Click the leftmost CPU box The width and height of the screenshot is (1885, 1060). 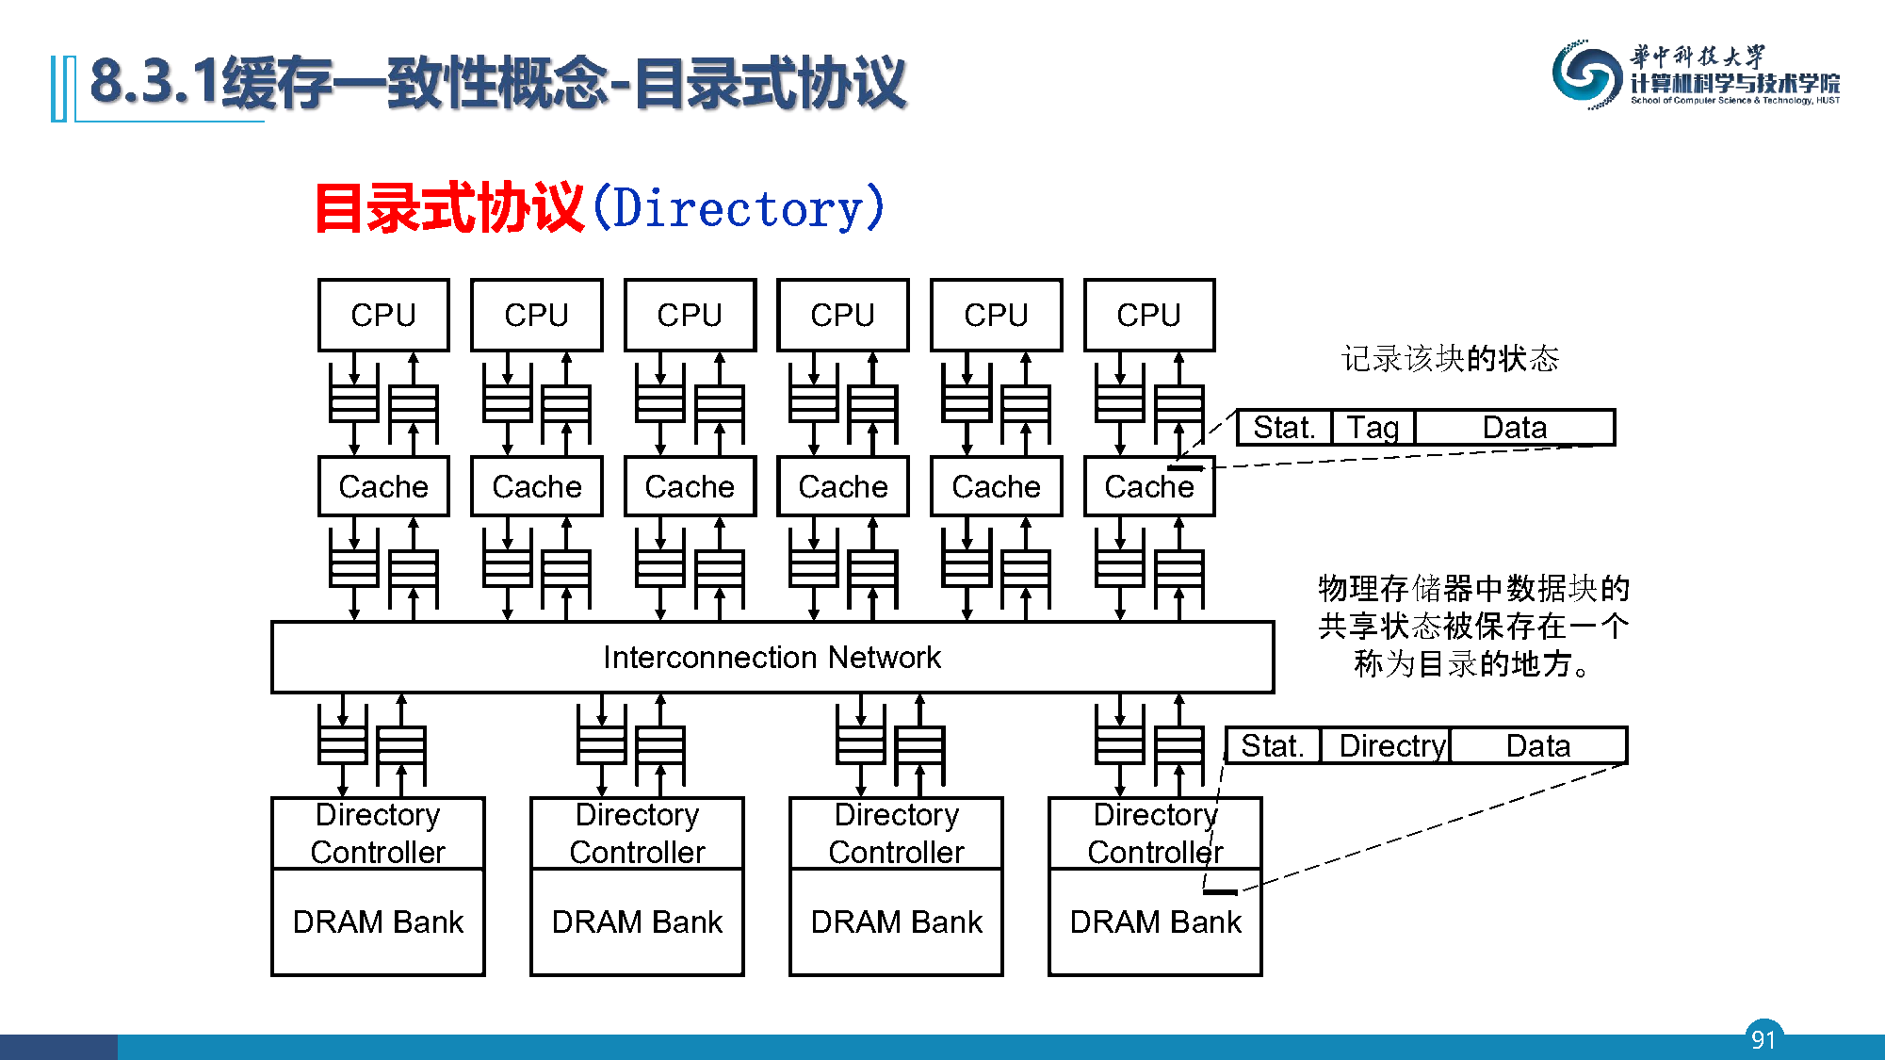tap(383, 315)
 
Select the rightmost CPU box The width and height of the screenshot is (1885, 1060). tap(1149, 315)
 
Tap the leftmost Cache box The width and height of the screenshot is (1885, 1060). tap(383, 486)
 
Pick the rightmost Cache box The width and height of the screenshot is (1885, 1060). tap(1149, 486)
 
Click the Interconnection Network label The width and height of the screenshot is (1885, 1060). tap(772, 657)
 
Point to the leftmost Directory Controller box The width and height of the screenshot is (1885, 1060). tap(378, 833)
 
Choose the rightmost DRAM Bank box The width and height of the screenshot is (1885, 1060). tap(1155, 921)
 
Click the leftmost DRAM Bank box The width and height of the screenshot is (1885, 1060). tap(378, 921)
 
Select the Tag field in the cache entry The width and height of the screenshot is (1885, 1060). tap(1373, 427)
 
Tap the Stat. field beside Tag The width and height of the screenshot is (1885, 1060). tap(1284, 427)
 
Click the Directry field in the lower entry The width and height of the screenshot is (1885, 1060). tap(1385, 745)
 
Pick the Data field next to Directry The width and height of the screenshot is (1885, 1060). tap(1538, 745)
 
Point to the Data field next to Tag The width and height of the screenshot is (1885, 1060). tap(1515, 427)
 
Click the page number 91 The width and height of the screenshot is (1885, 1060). tap(1763, 1038)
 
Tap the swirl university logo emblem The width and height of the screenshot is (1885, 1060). tap(1587, 74)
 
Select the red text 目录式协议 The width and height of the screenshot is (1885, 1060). tap(448, 208)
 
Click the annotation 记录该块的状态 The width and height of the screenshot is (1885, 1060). tap(1451, 358)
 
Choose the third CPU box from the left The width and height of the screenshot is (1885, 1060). tap(690, 315)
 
